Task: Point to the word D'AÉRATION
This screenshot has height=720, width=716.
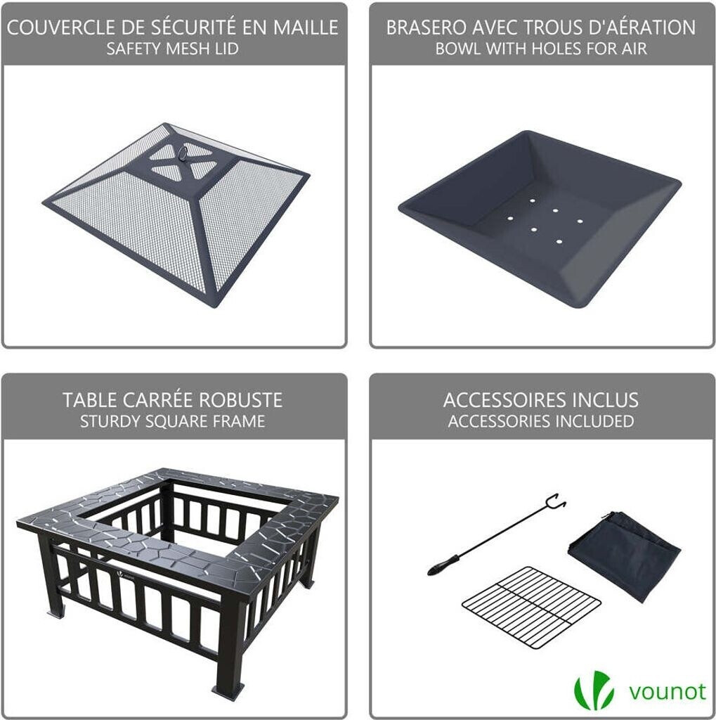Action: pyautogui.click(x=636, y=27)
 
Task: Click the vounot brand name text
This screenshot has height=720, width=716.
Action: pyautogui.click(x=667, y=692)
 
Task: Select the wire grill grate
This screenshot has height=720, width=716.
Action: pyautogui.click(x=531, y=606)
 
